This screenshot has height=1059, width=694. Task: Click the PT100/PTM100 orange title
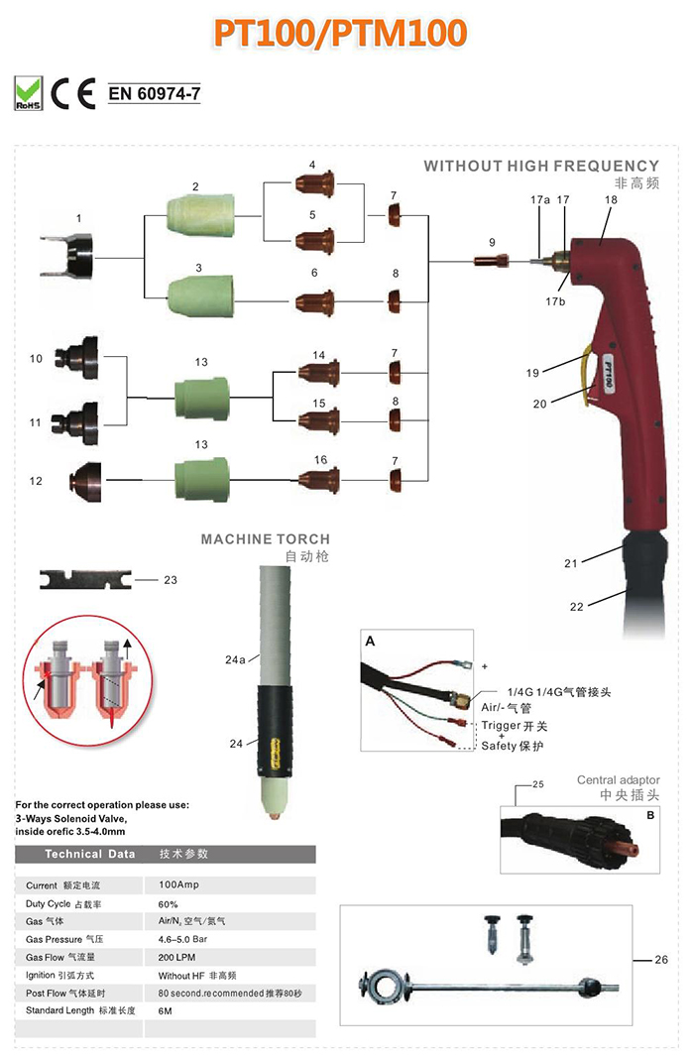[x=339, y=33]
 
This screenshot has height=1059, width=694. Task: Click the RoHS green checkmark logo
[x=28, y=93]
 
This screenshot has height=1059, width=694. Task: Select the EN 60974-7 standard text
[x=154, y=95]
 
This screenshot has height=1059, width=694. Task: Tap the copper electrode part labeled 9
[x=491, y=262]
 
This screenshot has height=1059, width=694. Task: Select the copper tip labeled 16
[x=319, y=483]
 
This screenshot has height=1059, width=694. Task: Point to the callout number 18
[x=610, y=199]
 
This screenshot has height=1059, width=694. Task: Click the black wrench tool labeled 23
[x=82, y=579]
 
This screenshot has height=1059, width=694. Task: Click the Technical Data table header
[x=89, y=854]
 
